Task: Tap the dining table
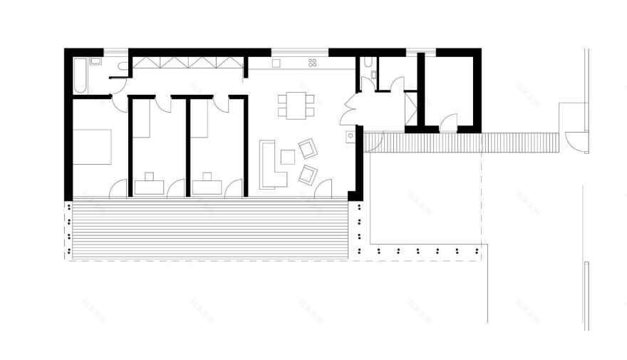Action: point(295,105)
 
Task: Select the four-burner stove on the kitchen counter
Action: point(312,63)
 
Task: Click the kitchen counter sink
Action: point(278,63)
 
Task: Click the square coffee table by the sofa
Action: point(288,157)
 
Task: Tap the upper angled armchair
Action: point(308,148)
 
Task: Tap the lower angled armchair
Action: point(308,174)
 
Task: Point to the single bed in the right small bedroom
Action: point(201,118)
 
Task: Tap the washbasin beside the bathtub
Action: point(97,61)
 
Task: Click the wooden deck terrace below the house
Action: point(207,228)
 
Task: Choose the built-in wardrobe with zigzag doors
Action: point(188,63)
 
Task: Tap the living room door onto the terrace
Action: point(323,188)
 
